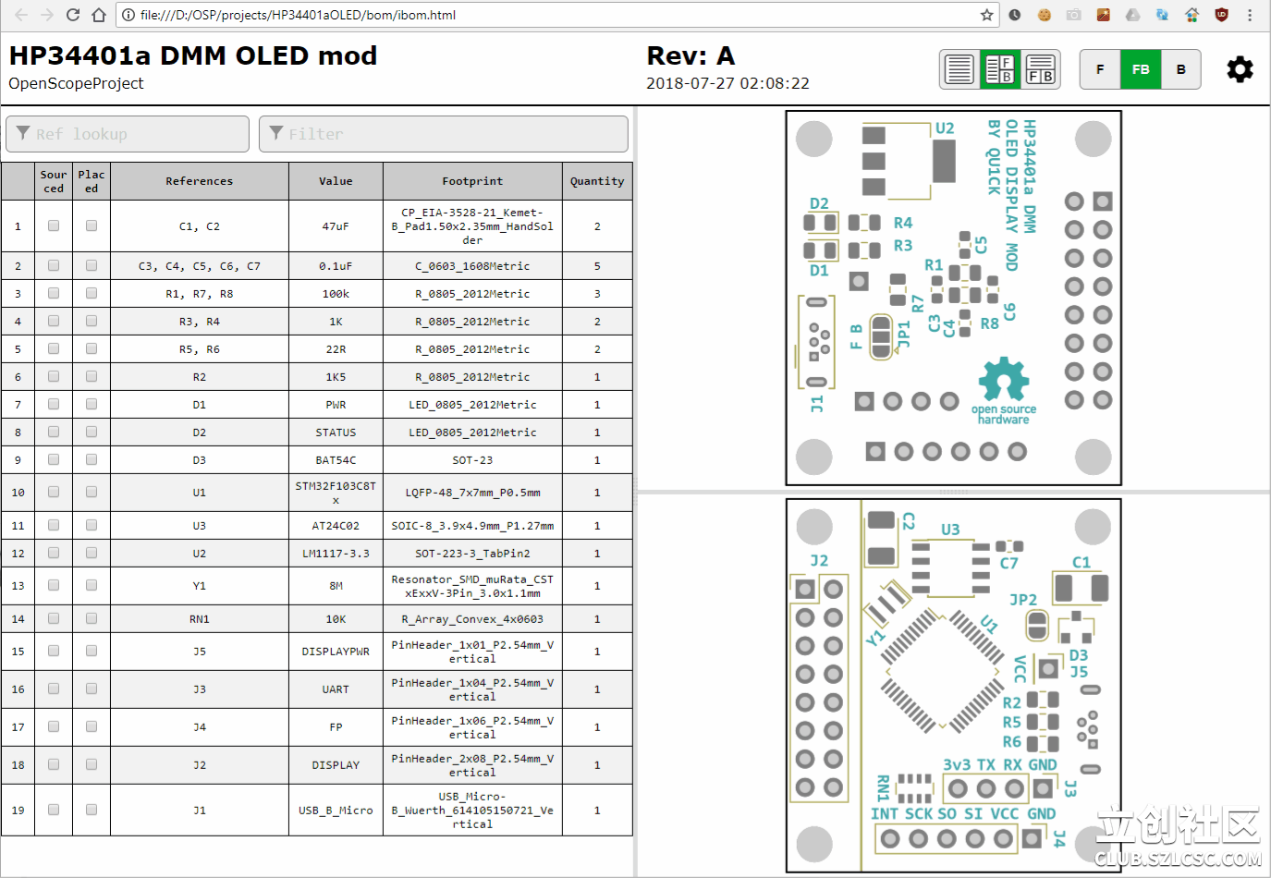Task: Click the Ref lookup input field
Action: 128,134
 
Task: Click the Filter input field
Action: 444,134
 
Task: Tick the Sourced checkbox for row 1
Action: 54,226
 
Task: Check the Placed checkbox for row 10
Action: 92,492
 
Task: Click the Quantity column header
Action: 597,181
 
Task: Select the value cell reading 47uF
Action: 336,226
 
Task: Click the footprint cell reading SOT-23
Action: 472,460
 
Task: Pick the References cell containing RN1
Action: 200,619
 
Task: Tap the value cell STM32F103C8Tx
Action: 336,493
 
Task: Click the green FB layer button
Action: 1141,69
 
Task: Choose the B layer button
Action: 1180,69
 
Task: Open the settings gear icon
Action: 1240,69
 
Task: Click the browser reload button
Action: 73,15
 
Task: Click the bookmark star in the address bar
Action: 987,15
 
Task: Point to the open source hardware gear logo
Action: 1004,379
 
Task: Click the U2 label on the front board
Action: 945,128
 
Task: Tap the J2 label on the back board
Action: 819,561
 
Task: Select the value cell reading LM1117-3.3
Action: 336,554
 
